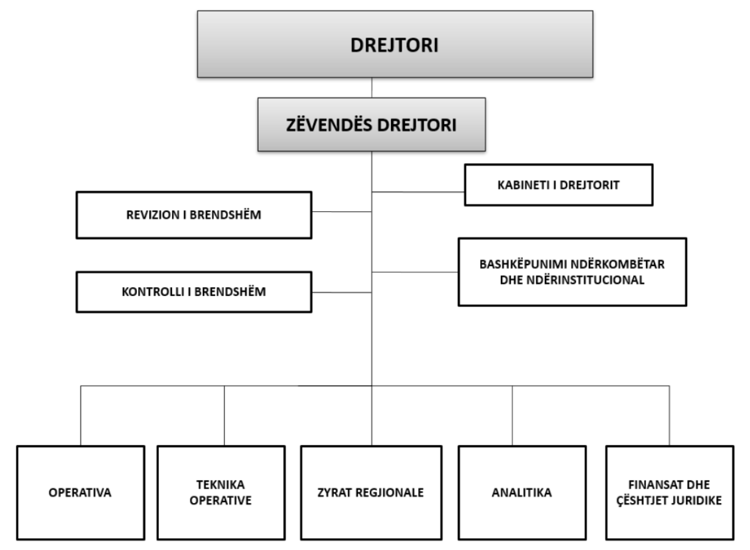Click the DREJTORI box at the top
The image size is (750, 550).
395,44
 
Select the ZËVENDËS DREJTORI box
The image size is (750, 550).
372,125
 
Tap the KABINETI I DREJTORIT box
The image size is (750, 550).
559,185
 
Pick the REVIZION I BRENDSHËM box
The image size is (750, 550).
194,215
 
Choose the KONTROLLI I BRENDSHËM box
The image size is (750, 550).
194,292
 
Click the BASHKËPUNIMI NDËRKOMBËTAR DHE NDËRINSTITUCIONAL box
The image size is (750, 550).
572,272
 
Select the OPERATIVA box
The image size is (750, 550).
80,493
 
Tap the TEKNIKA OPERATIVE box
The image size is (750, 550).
221,493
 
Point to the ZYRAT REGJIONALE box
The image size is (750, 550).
371,493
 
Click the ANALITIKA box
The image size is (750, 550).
522,493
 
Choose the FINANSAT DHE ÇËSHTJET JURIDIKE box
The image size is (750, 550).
670,493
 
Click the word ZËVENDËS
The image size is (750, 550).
329,125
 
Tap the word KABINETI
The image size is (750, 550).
524,185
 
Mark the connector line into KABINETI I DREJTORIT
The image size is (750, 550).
418,192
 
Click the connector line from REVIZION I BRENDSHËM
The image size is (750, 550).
342,212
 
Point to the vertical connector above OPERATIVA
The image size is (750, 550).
81,416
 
